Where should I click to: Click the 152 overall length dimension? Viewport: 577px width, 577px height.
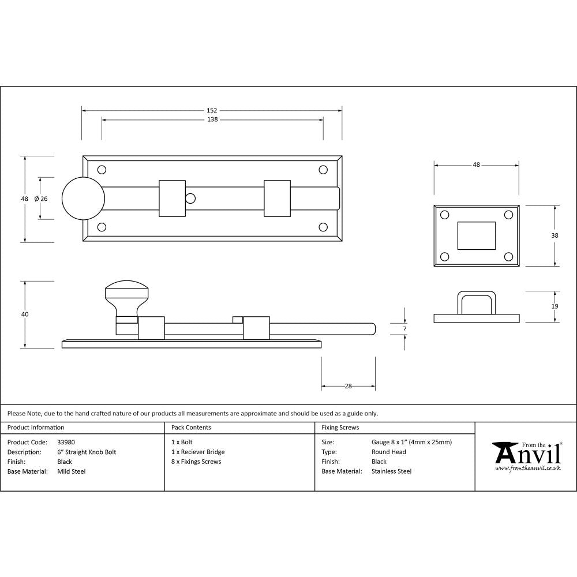pos(212,110)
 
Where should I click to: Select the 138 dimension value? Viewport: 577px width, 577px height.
pos(212,120)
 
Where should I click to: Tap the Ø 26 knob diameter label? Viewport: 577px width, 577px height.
pos(40,198)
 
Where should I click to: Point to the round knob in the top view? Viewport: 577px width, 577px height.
pos(83,198)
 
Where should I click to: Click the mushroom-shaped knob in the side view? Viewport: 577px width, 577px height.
pos(126,295)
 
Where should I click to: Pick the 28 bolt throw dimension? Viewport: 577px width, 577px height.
pos(348,386)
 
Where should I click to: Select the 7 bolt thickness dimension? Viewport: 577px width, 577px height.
pos(404,329)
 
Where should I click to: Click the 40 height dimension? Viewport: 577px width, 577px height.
pos(24,314)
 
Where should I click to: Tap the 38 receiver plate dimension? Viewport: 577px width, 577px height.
pos(554,235)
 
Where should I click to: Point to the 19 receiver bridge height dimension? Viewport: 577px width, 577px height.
pos(554,306)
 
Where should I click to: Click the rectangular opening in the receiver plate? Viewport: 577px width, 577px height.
pos(476,235)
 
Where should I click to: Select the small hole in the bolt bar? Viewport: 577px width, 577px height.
pos(190,198)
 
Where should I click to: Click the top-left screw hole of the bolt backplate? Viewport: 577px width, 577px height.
pos(102,170)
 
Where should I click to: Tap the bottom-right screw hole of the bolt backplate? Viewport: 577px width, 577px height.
pos(323,227)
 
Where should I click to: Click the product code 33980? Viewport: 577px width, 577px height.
pos(66,443)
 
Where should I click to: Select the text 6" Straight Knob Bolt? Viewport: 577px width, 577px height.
pos(87,452)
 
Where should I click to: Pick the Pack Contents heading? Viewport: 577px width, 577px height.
pos(191,428)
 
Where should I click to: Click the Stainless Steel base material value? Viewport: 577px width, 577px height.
pos(391,471)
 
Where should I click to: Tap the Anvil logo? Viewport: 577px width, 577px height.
pos(526,455)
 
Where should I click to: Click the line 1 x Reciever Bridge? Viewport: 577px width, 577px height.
pos(198,452)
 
